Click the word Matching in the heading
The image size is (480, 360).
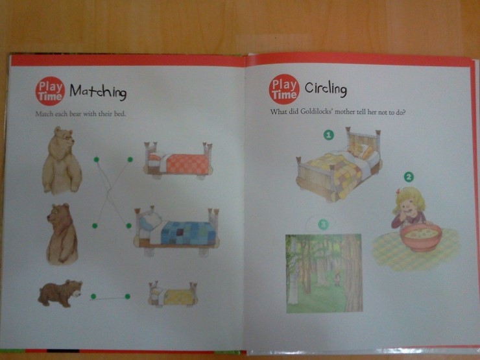click(x=98, y=92)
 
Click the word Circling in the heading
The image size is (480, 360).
click(x=326, y=89)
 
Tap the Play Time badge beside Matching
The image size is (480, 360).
click(x=50, y=91)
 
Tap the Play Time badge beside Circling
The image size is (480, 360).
click(x=284, y=90)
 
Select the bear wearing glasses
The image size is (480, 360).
click(x=62, y=160)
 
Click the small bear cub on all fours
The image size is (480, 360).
click(x=60, y=293)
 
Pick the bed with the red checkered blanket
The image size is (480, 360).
click(x=178, y=160)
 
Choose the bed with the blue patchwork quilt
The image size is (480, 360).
click(x=176, y=231)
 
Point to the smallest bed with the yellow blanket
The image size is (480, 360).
click(x=173, y=294)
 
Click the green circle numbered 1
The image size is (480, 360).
click(x=329, y=135)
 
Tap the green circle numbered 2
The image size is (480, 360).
click(x=409, y=176)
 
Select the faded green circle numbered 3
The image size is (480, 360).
click(x=323, y=224)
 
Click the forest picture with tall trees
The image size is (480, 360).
click(x=324, y=273)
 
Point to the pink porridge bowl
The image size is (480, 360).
click(x=420, y=237)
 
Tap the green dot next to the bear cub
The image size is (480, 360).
click(x=93, y=296)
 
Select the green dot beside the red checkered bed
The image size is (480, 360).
click(x=130, y=160)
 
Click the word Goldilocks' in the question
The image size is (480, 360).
click(x=317, y=112)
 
